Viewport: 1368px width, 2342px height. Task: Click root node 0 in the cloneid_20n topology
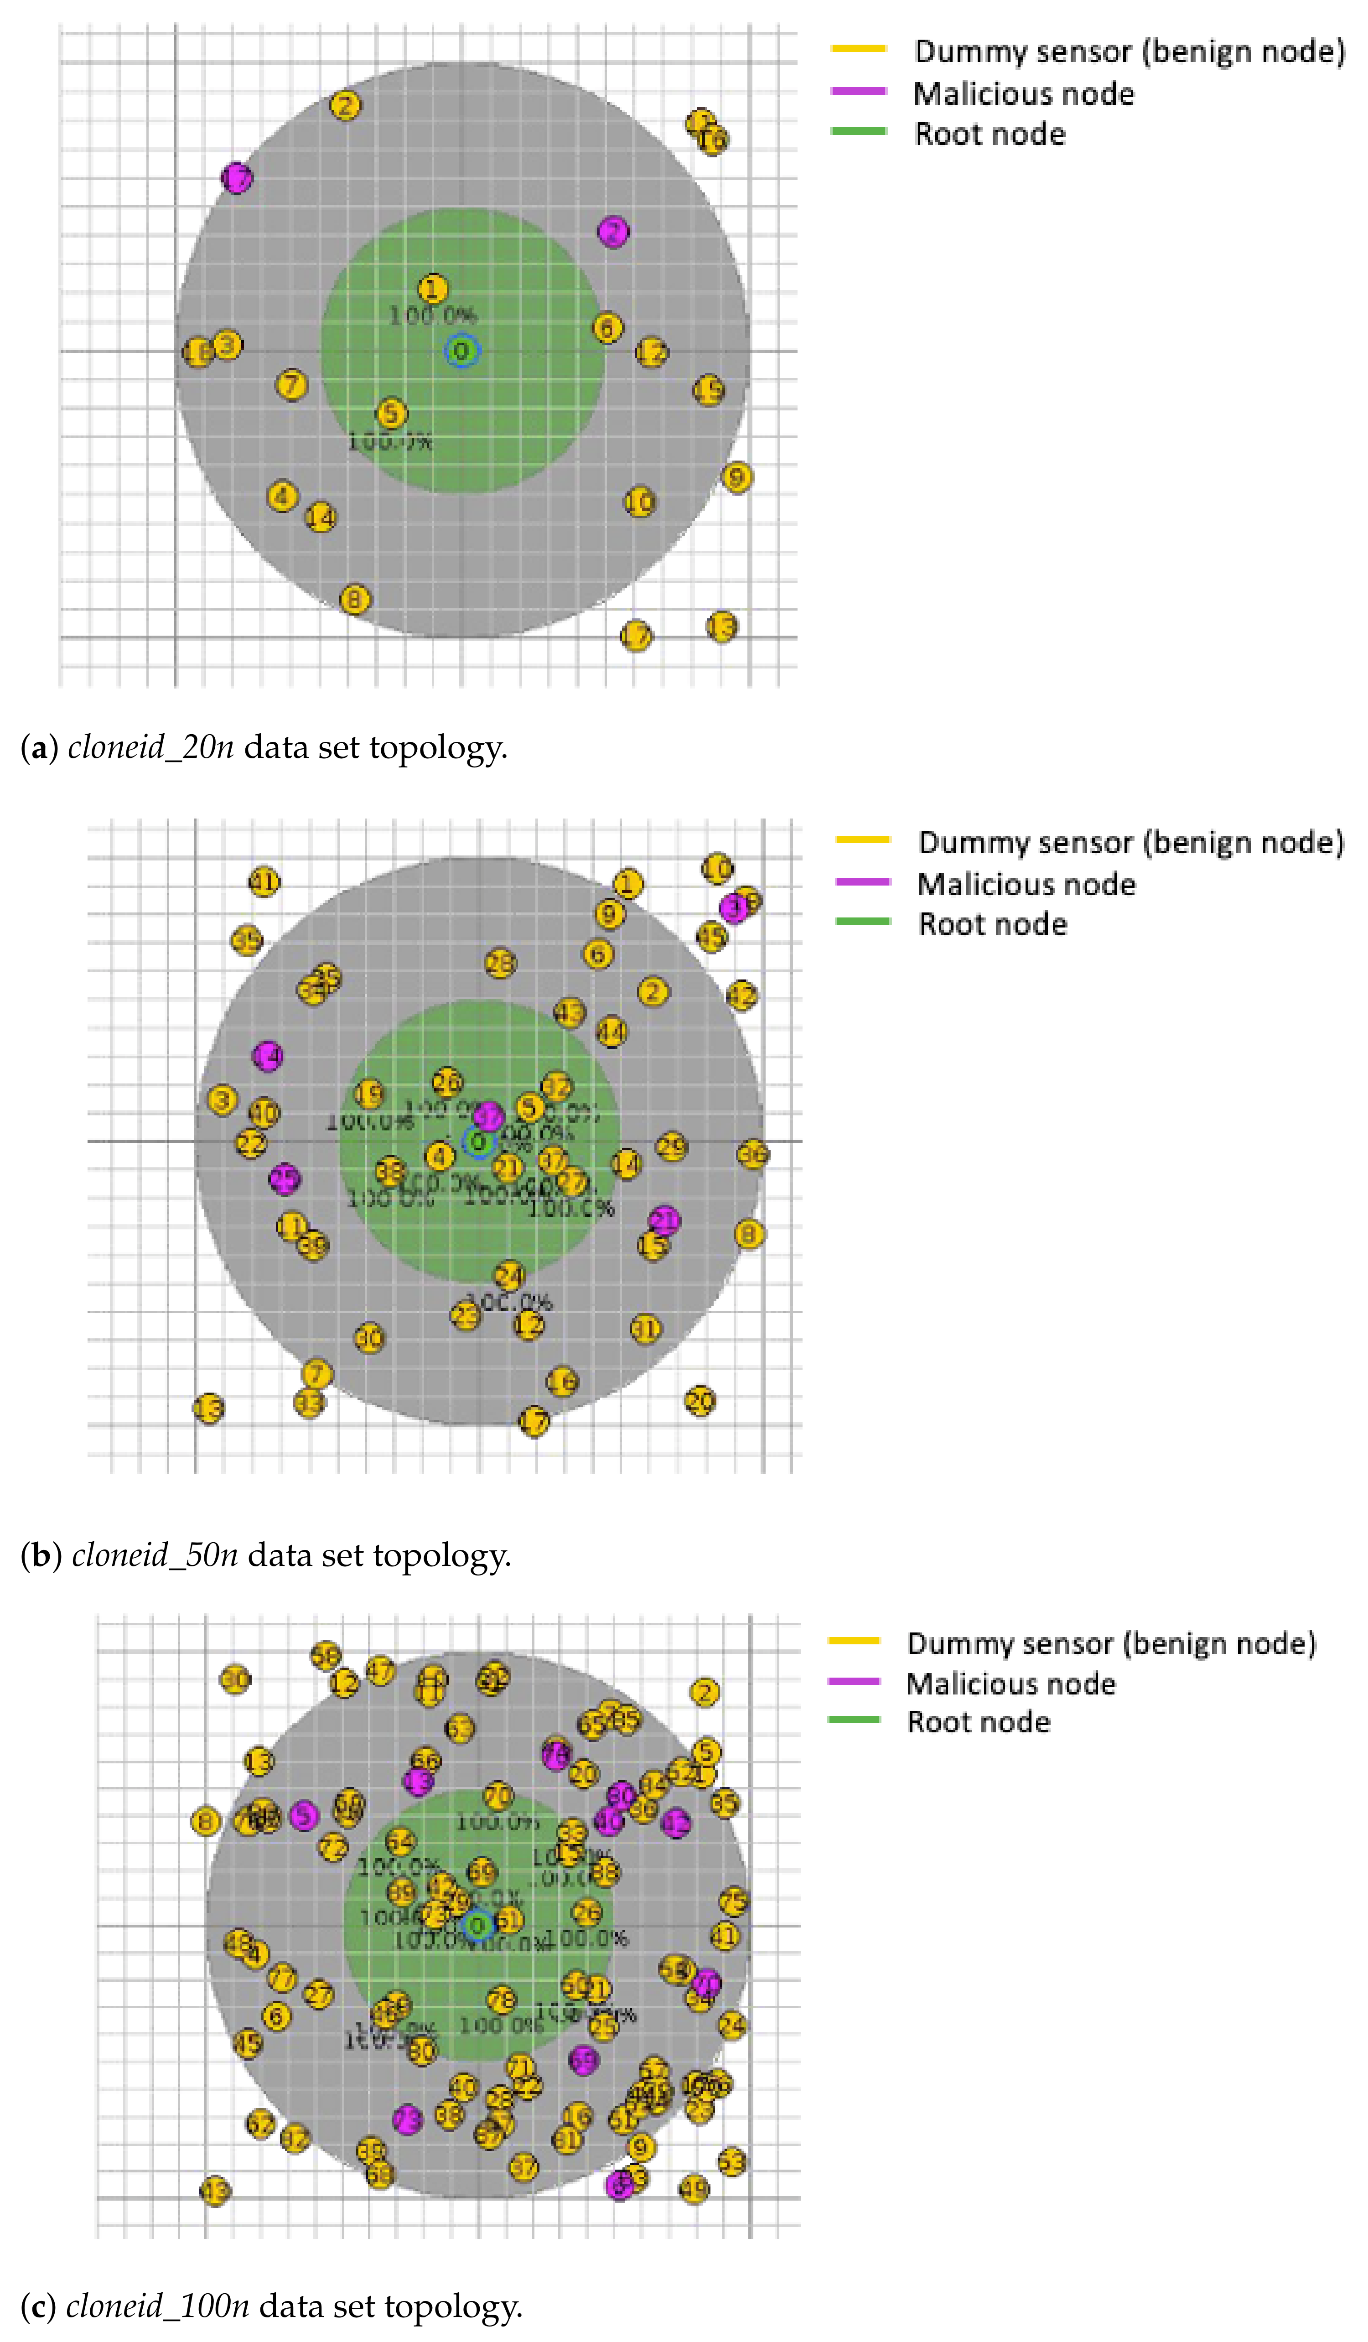coord(461,351)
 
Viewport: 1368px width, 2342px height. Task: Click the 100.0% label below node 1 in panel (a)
coord(432,316)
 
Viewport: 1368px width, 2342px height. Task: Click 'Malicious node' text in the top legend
coord(1023,94)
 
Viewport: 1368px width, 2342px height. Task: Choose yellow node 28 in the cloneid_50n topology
coord(500,963)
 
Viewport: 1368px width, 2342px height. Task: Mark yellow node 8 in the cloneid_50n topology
coord(749,1234)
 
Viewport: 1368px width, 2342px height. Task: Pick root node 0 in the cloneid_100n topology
coord(477,1926)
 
